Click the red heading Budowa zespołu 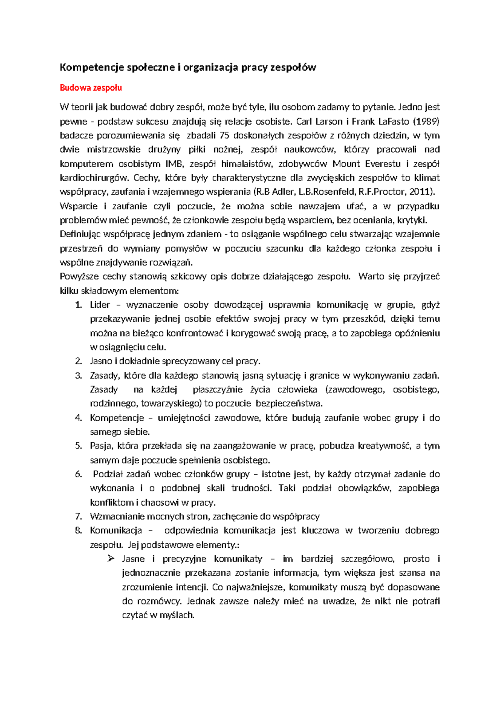coord(91,88)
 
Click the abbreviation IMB coord(174,164)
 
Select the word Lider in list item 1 coord(100,305)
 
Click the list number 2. coord(78,361)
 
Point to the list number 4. coord(78,418)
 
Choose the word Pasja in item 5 coord(101,446)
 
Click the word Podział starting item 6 coord(107,474)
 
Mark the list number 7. coord(78,517)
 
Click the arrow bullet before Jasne coord(111,559)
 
